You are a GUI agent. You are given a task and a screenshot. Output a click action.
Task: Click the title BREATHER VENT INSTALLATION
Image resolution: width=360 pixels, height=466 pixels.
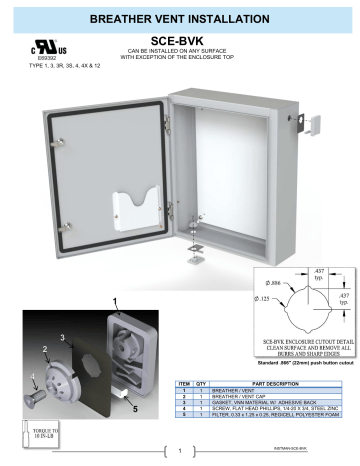(x=180, y=20)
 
